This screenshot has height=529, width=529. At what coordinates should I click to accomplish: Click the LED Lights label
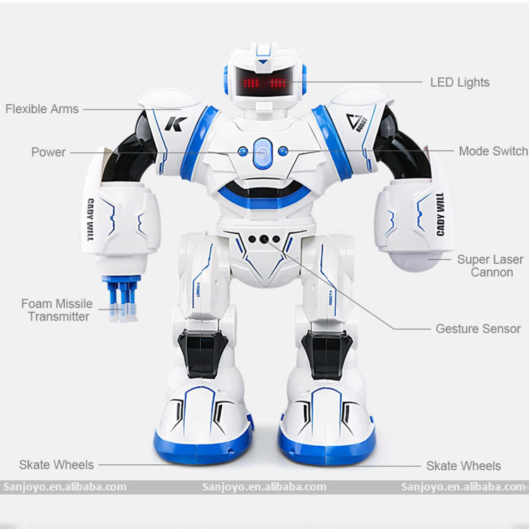[x=459, y=83]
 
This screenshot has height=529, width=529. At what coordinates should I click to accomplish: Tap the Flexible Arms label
[x=42, y=109]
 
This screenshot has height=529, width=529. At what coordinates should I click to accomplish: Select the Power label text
[x=48, y=152]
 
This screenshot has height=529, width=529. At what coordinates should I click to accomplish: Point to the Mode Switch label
[x=493, y=151]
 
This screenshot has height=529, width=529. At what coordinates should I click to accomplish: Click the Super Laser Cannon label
[x=491, y=266]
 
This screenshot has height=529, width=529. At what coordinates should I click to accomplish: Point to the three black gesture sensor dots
[x=263, y=238]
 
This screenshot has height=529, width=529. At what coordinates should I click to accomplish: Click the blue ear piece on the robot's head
[x=228, y=76]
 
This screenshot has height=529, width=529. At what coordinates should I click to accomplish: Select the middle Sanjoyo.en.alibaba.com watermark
[x=263, y=487]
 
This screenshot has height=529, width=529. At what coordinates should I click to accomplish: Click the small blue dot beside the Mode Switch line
[x=283, y=151]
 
